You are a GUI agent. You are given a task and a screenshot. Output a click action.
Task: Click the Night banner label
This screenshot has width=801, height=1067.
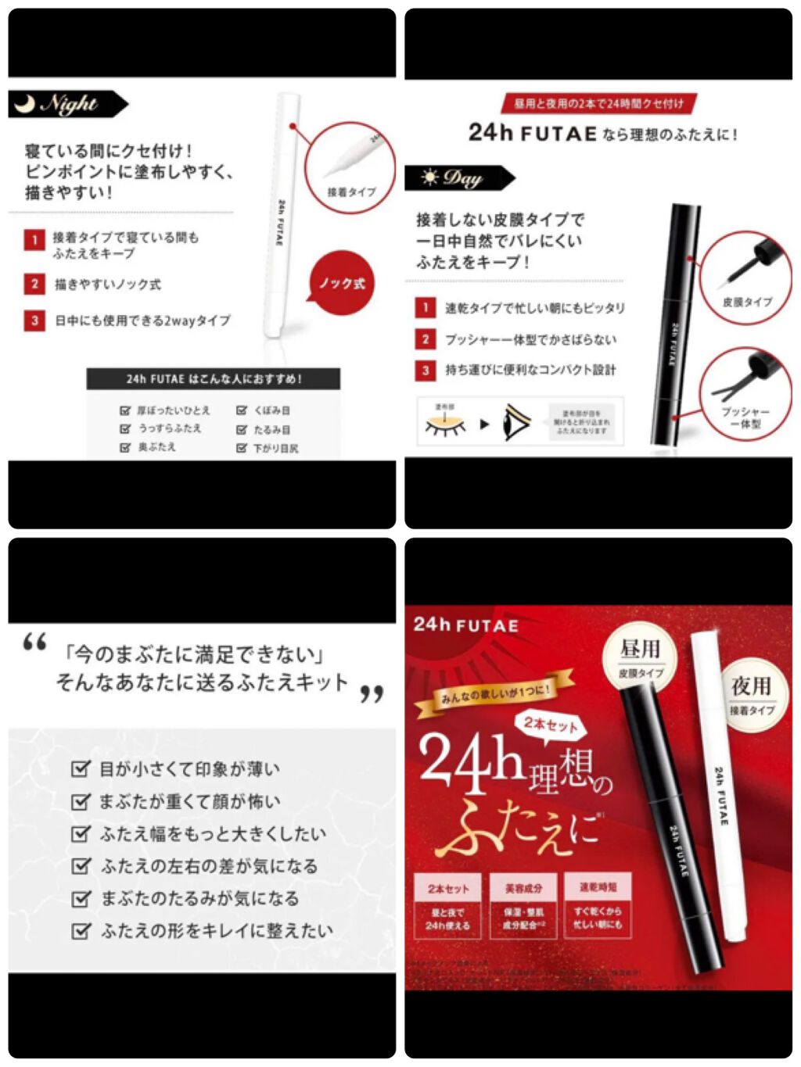point(67,104)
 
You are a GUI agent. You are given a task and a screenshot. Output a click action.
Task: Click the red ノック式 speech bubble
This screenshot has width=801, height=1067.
point(342,283)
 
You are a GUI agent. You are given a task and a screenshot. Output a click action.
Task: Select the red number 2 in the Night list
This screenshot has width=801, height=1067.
point(34,284)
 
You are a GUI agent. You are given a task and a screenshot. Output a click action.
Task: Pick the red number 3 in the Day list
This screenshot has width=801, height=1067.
point(426,370)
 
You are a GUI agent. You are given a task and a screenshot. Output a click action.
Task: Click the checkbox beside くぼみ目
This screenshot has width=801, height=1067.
point(242,410)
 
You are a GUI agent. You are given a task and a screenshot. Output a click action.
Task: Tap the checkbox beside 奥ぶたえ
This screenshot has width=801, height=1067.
point(125,447)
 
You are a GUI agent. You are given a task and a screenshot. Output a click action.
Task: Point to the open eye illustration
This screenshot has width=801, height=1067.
point(516,423)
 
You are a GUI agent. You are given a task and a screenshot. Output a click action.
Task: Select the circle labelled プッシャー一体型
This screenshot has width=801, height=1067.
point(745,391)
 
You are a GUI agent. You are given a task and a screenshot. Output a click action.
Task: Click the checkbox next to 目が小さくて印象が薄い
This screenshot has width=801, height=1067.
point(81,769)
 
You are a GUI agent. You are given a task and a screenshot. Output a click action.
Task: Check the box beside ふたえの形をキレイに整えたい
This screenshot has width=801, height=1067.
point(81,931)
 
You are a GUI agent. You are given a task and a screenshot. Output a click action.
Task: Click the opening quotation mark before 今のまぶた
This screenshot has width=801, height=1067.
point(35,643)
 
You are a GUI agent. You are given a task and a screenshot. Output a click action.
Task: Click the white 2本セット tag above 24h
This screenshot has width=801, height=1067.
point(551,724)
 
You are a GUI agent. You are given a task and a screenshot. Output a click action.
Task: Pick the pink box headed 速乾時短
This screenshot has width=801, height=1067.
point(598,904)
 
